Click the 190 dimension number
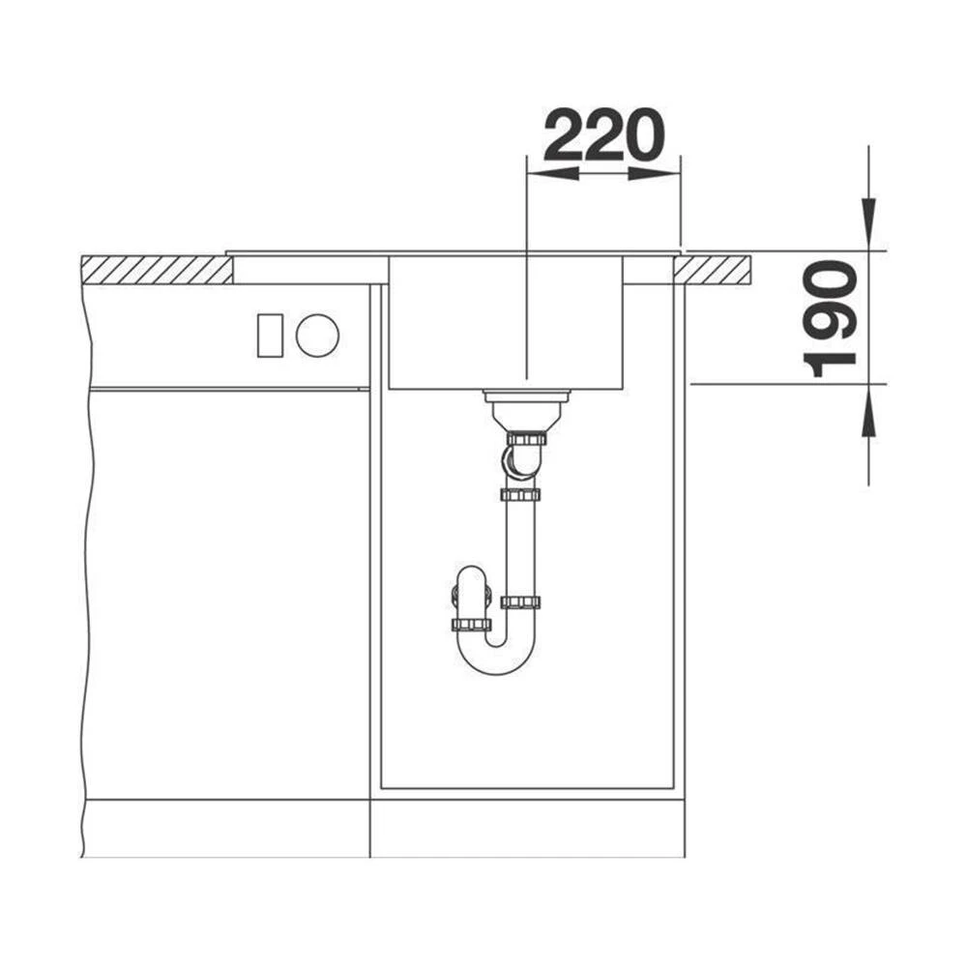(x=830, y=318)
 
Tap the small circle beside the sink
(x=317, y=335)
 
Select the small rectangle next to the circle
(x=270, y=336)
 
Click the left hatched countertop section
(x=158, y=270)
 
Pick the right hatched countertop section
(x=713, y=270)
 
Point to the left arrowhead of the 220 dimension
(x=552, y=174)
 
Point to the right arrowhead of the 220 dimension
(x=655, y=174)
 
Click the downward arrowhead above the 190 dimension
(x=868, y=223)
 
